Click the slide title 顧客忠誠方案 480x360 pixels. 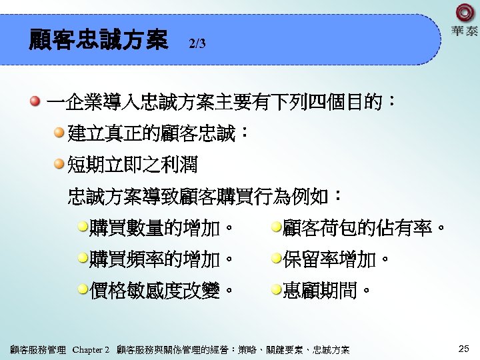pos(98,41)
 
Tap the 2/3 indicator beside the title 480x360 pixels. pos(197,44)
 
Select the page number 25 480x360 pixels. pos(465,349)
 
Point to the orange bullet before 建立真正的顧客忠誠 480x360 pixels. pos(60,133)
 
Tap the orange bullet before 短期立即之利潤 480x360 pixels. pos(60,163)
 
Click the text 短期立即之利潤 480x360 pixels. pos(133,164)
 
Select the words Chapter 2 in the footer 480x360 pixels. pos(91,349)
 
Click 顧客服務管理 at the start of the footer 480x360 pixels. pos(38,349)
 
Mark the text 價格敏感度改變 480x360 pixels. pos(160,291)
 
